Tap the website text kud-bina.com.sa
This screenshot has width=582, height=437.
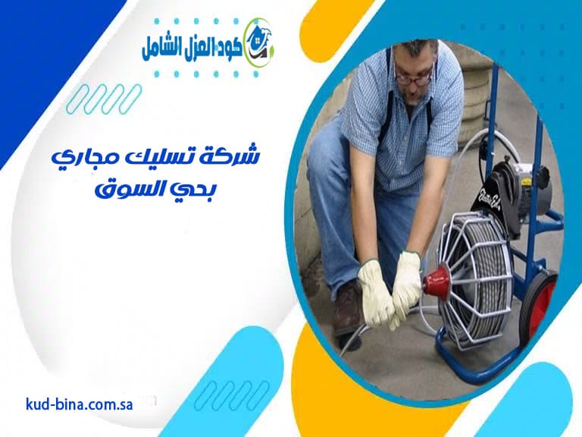coord(79,404)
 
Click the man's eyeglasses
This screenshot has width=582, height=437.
coord(414,76)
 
